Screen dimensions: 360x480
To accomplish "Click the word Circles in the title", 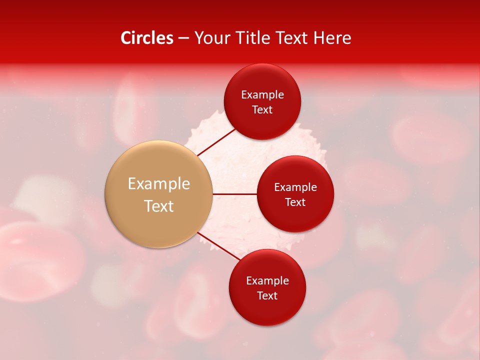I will [x=147, y=38].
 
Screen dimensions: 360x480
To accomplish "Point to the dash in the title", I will [x=183, y=38].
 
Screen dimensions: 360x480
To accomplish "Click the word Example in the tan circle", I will [x=159, y=184].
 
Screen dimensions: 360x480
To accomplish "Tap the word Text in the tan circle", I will [x=159, y=206].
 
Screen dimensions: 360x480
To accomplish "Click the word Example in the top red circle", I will [x=262, y=95].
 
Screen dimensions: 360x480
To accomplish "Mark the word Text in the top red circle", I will [x=262, y=110].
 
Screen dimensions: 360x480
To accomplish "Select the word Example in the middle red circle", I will [x=295, y=187].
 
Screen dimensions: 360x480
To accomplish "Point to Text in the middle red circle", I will [x=295, y=202].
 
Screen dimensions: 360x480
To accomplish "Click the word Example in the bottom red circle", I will [x=267, y=281].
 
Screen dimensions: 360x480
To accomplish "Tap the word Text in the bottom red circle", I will [x=267, y=296].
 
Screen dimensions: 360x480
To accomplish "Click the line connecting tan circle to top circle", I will [x=216, y=141].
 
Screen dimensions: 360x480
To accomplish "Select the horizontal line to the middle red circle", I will [x=235, y=194].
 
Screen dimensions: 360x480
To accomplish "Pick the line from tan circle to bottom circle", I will [x=219, y=246].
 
